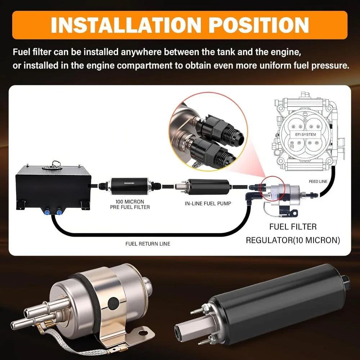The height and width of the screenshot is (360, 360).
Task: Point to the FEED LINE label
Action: [318, 181]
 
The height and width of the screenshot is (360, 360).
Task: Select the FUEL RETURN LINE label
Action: [148, 244]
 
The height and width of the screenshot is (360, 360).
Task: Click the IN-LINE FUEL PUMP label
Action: [208, 203]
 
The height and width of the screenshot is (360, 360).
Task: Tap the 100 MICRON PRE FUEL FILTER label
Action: [130, 204]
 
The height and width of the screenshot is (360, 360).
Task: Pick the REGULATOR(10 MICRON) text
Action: [293, 240]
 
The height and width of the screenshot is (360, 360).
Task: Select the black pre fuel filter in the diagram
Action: [130, 184]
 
